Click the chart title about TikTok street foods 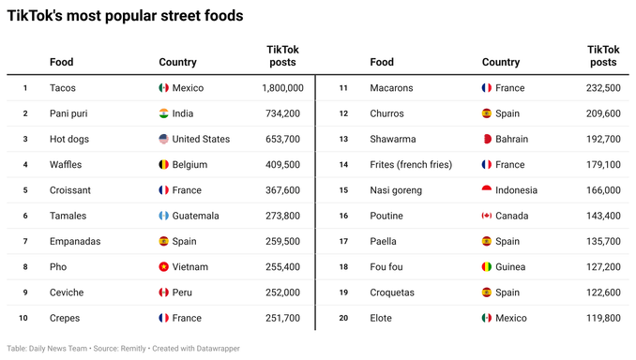coord(125,16)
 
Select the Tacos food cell coord(63,88)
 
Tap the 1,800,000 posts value coord(282,88)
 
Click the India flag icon coord(164,113)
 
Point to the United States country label coord(201,139)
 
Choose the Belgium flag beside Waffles coord(164,164)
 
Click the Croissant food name coord(70,190)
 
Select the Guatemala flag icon coord(164,216)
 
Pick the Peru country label coord(182,292)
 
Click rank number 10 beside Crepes coord(23,318)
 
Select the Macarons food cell coord(391,88)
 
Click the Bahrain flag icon coord(486,139)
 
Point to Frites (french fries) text coord(411,164)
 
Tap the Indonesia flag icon coord(486,190)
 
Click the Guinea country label coord(511,267)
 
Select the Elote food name coord(383,318)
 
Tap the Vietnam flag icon coord(164,267)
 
